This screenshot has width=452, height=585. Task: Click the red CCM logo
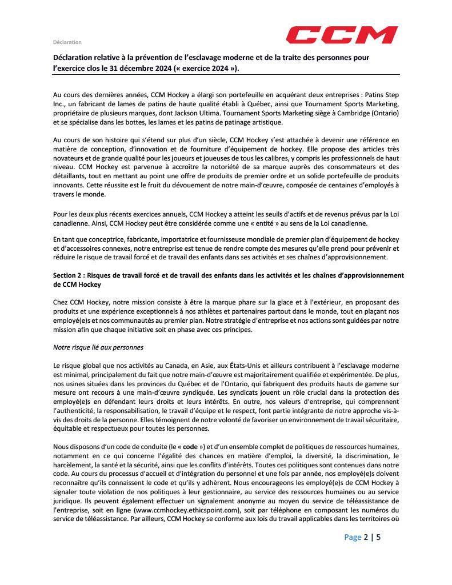point(342,35)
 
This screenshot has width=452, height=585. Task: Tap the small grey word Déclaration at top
point(67,42)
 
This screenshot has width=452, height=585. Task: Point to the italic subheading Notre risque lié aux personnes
point(98,346)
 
